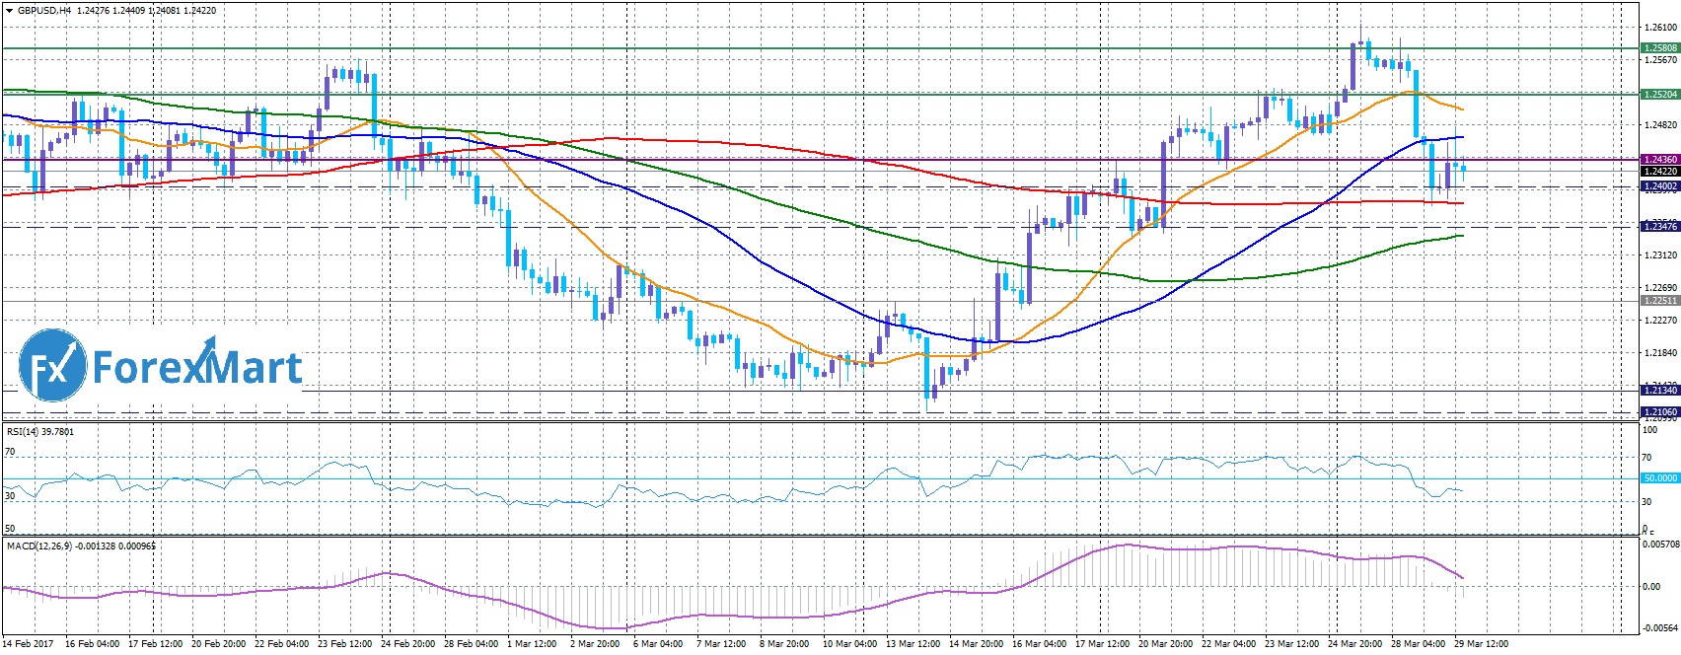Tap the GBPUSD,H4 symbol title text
(44, 11)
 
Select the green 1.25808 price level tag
(1659, 47)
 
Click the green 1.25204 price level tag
(1659, 95)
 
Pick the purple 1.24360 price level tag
(1659, 159)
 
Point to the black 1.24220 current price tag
(1659, 172)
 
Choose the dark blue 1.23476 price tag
(1659, 227)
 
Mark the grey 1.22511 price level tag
(1659, 300)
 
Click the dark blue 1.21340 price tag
(1659, 391)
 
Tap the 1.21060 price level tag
(1659, 411)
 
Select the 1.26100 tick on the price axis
(1659, 28)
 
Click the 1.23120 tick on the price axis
(1659, 255)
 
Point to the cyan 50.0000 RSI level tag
(1659, 478)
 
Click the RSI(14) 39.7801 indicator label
(40, 432)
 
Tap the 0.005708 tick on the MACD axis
(1659, 544)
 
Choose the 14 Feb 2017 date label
(28, 644)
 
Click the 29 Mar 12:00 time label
(1480, 644)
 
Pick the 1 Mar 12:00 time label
(532, 644)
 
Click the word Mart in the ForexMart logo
(253, 368)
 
